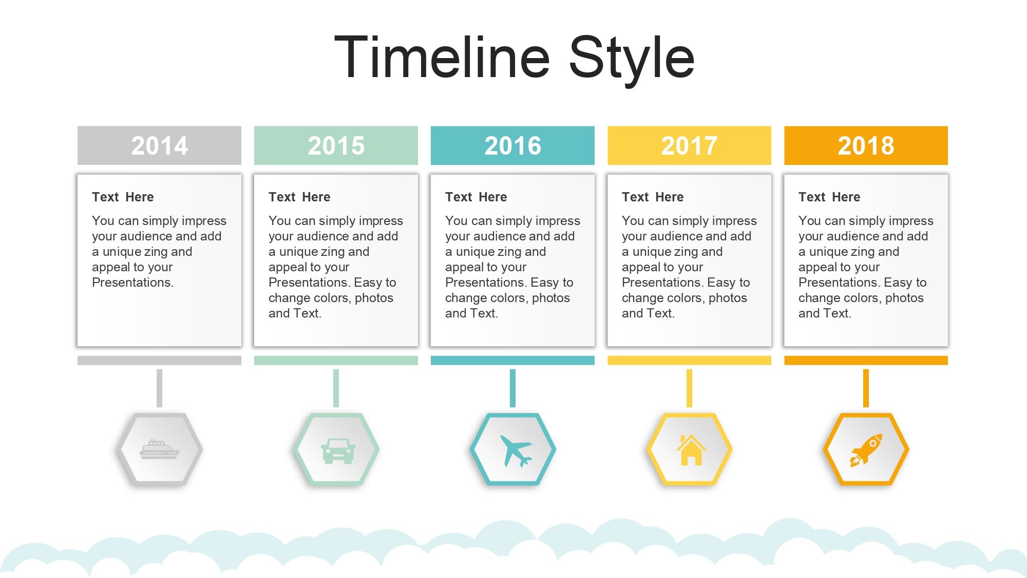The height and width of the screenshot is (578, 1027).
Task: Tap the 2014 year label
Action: click(159, 145)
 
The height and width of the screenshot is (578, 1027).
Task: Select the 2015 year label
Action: click(336, 145)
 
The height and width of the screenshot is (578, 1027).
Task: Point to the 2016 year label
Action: click(513, 145)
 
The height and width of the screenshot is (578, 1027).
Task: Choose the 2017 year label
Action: click(690, 145)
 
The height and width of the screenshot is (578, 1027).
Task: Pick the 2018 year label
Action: click(866, 145)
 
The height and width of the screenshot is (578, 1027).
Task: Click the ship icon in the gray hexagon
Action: click(159, 449)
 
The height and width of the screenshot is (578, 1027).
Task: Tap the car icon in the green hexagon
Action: click(338, 451)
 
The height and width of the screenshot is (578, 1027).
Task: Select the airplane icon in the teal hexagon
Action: click(515, 451)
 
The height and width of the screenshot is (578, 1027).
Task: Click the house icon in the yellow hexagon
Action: click(691, 450)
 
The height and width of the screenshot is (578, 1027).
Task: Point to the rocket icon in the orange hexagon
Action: click(866, 450)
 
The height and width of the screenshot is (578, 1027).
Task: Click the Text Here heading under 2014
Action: click(123, 197)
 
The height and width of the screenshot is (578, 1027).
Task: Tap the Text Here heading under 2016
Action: click(476, 197)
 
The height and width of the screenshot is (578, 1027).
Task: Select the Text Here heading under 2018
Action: click(829, 197)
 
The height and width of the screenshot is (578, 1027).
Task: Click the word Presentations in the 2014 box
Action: click(131, 283)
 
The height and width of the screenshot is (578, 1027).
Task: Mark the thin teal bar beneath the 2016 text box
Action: click(512, 360)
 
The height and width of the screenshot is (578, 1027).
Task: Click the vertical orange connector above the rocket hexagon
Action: click(866, 388)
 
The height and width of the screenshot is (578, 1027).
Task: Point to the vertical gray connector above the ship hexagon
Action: click(159, 388)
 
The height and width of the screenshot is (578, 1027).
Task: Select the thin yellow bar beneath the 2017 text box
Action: click(689, 360)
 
